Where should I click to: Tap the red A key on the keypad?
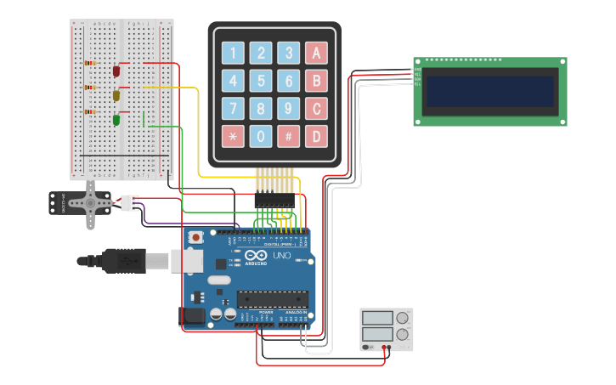pyautogui.click(x=316, y=53)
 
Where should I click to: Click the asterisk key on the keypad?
pyautogui.click(x=233, y=136)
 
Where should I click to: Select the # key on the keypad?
pyautogui.click(x=289, y=136)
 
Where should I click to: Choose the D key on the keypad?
pyautogui.click(x=316, y=136)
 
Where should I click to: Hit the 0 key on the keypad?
pyautogui.click(x=261, y=136)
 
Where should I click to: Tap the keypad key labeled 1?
pyautogui.click(x=233, y=53)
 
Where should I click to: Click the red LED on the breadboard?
pyautogui.click(x=116, y=71)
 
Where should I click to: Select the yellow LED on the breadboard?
pyautogui.click(x=116, y=96)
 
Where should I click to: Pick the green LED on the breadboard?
pyautogui.click(x=116, y=120)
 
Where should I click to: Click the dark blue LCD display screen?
pyautogui.click(x=489, y=92)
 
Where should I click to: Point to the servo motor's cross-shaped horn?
pyautogui.click(x=91, y=204)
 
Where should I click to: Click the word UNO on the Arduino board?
pyautogui.click(x=281, y=256)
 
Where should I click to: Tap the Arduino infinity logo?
pyautogui.click(x=255, y=256)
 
